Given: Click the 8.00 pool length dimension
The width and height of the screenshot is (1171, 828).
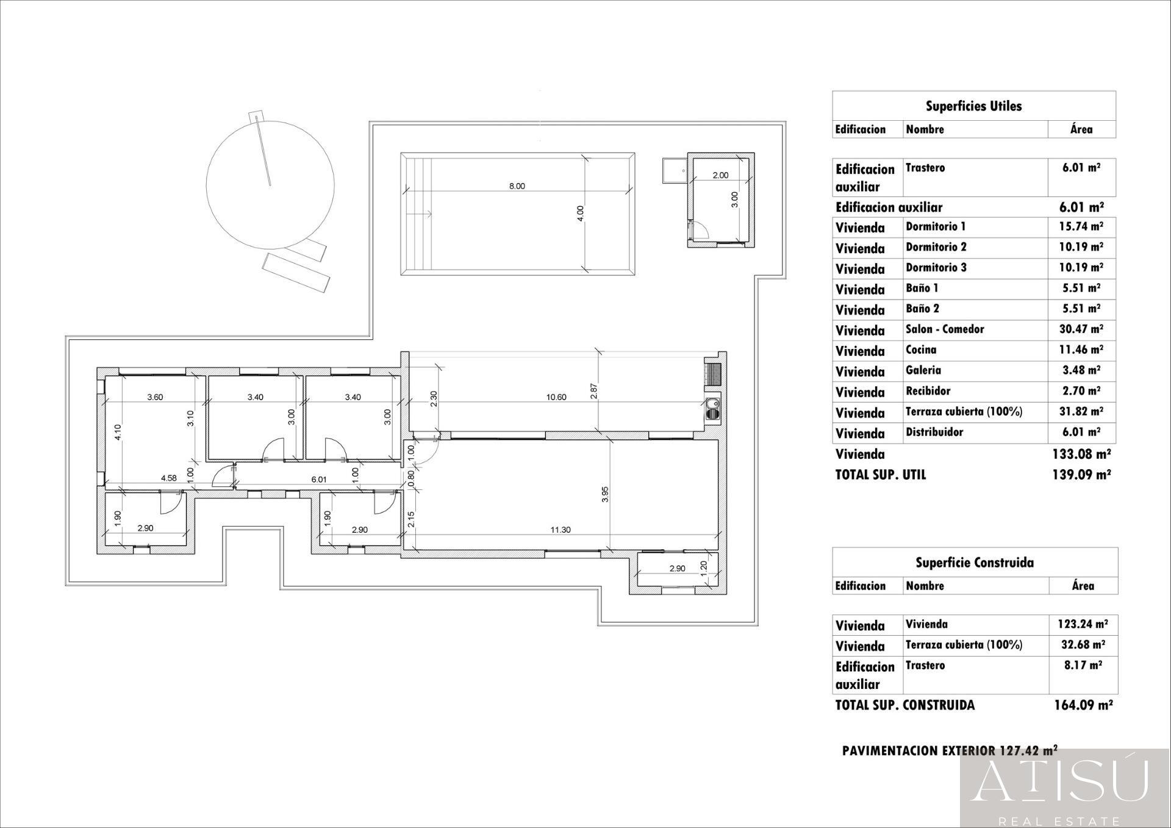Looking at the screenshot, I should pyautogui.click(x=517, y=186).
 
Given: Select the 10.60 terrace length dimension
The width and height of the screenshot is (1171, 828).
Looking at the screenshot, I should pyautogui.click(x=556, y=397).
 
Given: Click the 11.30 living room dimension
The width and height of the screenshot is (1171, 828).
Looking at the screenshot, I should pyautogui.click(x=560, y=530).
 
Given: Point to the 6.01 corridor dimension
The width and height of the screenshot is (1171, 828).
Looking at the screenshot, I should pyautogui.click(x=319, y=480).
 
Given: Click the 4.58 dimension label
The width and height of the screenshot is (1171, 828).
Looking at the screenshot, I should pyautogui.click(x=168, y=478).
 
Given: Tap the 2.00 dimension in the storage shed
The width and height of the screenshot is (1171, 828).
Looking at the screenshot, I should pyautogui.click(x=720, y=175).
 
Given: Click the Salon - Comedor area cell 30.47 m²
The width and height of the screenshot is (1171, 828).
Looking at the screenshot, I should pyautogui.click(x=1081, y=329).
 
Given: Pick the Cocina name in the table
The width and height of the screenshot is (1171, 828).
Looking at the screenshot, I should pyautogui.click(x=920, y=350).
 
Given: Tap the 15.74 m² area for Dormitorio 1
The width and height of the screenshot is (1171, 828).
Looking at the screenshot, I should pyautogui.click(x=1081, y=226).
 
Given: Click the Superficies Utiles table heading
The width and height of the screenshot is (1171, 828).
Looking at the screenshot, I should pyautogui.click(x=973, y=106).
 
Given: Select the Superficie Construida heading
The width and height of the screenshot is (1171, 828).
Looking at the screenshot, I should pyautogui.click(x=974, y=563).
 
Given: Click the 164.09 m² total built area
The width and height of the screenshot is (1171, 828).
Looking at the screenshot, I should pyautogui.click(x=1083, y=705).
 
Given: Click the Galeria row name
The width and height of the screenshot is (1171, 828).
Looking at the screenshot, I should pyautogui.click(x=923, y=370).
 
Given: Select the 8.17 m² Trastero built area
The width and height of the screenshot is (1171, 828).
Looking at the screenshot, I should pyautogui.click(x=1083, y=666).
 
